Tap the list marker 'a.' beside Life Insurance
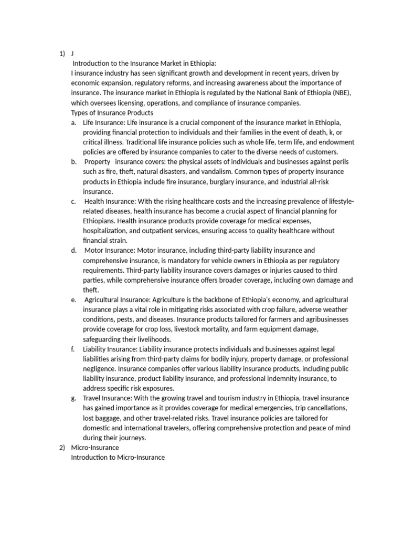coord(73,122)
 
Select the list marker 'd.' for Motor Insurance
coord(73,250)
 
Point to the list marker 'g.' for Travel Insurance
coord(73,398)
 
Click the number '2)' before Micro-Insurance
coord(62,448)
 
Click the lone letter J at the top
coord(72,54)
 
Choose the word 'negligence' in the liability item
coord(100,368)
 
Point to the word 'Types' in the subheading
coord(80,112)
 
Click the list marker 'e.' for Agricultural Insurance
coord(73,299)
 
